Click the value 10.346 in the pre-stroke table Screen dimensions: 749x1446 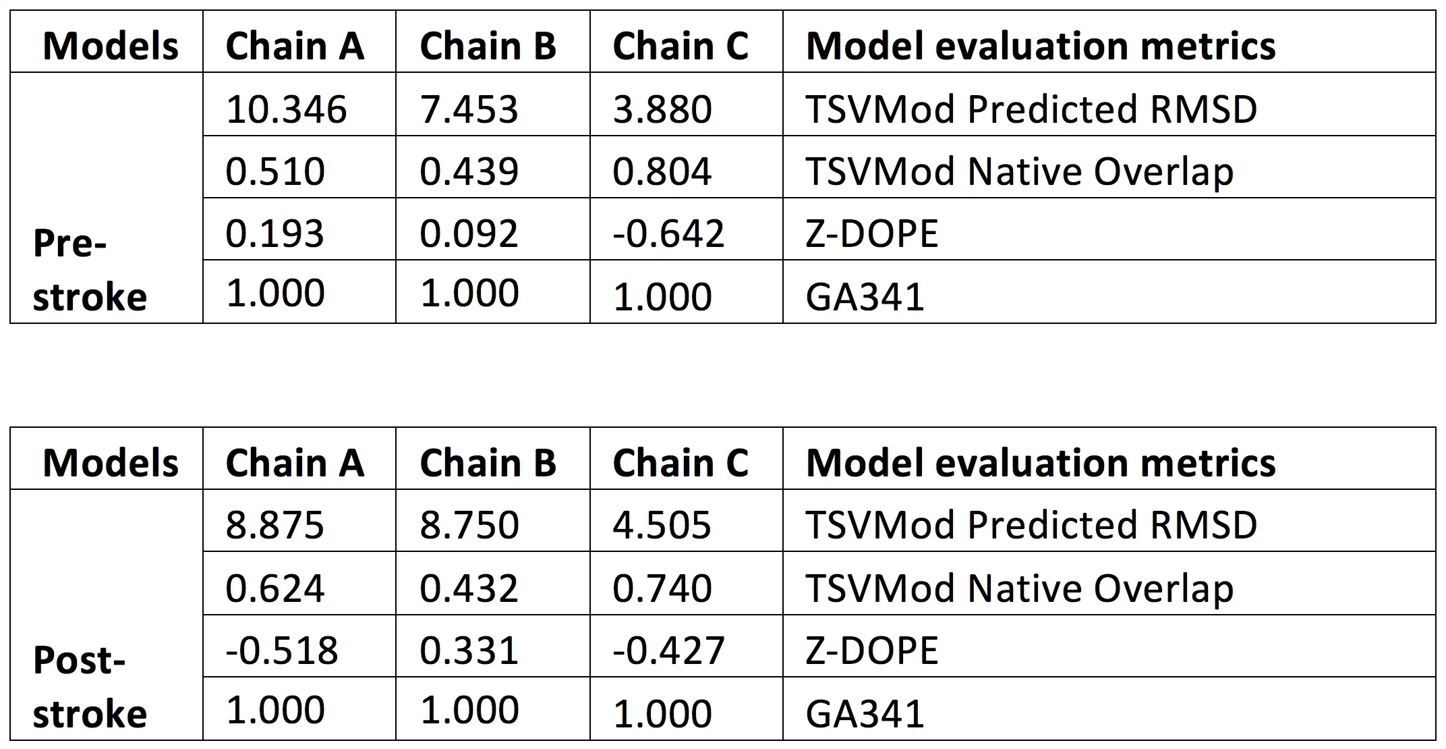coord(286,109)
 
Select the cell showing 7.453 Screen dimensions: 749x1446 coord(469,109)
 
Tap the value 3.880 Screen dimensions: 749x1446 coord(662,109)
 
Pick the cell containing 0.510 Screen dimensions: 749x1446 coord(274,171)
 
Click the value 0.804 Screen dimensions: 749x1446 coord(662,171)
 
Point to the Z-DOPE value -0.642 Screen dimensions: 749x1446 coord(668,233)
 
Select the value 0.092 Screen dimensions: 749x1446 coord(469,233)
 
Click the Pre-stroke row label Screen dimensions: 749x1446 coord(89,269)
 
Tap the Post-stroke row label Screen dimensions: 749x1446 coord(89,686)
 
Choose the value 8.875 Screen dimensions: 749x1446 coord(274,525)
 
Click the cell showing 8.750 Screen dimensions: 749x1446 coord(469,525)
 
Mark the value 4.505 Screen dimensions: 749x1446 coord(662,525)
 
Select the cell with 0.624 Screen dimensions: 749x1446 coord(274,588)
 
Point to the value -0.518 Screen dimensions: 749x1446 coord(281,650)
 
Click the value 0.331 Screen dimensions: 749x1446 coord(469,650)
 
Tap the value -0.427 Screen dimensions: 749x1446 coord(668,650)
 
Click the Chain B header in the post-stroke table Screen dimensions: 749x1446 coord(488,464)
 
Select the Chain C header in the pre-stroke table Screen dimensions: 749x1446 coord(680,47)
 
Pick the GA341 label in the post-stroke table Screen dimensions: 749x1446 coord(865,714)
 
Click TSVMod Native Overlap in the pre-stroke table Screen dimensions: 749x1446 coord(1019,171)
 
